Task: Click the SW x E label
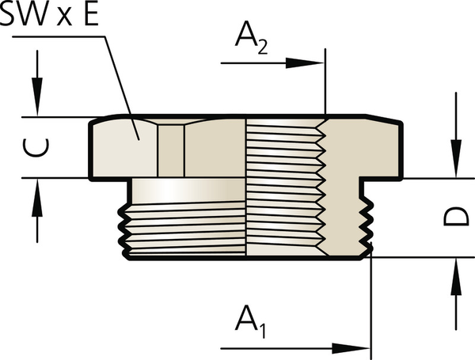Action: [x=49, y=17]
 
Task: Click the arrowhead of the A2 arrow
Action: [x=317, y=63]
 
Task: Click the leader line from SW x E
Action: [x=119, y=87]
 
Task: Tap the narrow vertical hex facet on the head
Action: [x=170, y=150]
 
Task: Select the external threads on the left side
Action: [x=125, y=229]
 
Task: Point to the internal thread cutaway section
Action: [x=285, y=190]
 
